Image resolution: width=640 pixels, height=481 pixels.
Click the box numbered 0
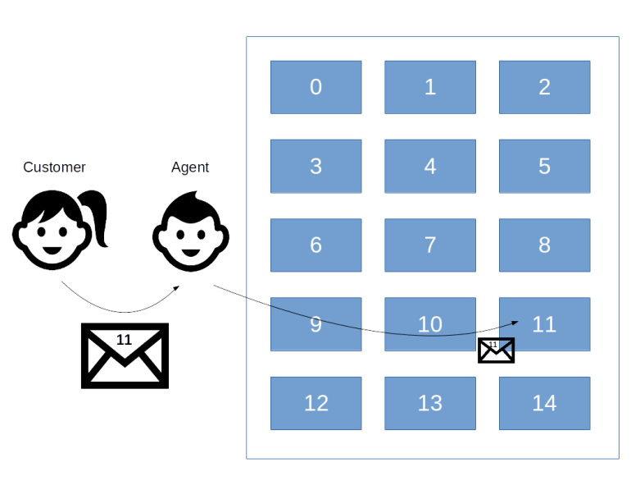pos(315,87)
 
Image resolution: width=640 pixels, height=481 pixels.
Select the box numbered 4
pos(429,166)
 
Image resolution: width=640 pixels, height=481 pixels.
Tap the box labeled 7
pos(429,245)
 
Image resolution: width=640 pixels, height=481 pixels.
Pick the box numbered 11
pos(544,324)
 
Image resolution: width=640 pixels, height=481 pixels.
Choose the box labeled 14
pos(544,403)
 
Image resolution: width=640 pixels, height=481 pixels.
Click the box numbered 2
pos(544,87)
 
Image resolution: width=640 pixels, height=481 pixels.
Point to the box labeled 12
pos(315,403)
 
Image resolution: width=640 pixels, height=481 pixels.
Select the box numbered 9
pos(315,324)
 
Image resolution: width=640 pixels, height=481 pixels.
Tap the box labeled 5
pos(544,166)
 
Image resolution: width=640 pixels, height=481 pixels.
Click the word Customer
pos(54,167)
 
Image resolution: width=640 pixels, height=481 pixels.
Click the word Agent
pos(190,167)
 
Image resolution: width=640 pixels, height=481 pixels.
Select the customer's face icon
pos(51,230)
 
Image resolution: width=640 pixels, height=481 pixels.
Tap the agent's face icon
pos(190,231)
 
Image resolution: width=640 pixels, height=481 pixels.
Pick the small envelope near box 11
pos(496,350)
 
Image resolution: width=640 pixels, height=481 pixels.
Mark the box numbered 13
pos(429,403)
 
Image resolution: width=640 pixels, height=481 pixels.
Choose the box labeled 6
pos(315,245)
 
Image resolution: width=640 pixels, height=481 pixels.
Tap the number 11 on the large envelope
pos(124,339)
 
